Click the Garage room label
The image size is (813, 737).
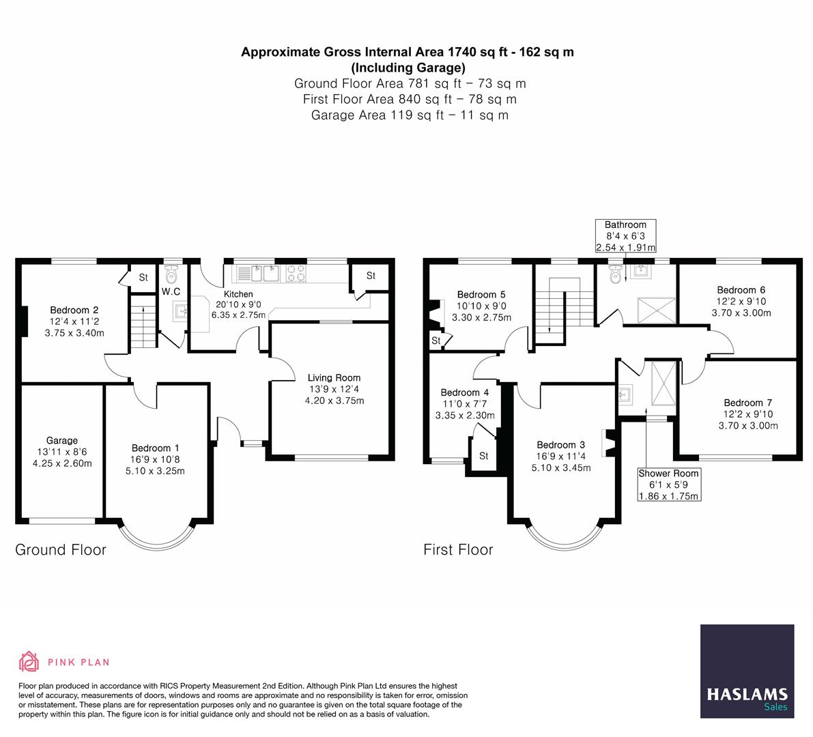pyautogui.click(x=61, y=441)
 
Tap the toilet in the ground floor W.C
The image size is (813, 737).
pyautogui.click(x=171, y=274)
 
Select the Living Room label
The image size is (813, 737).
pyautogui.click(x=334, y=378)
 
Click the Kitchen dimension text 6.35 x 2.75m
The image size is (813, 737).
pyautogui.click(x=238, y=315)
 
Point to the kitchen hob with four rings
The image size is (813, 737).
pyautogui.click(x=295, y=274)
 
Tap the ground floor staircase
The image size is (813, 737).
pyautogui.click(x=143, y=326)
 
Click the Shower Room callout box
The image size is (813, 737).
pyautogui.click(x=669, y=485)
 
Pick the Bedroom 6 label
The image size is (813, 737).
pyautogui.click(x=741, y=290)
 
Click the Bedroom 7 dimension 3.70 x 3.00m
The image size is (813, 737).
pyautogui.click(x=748, y=426)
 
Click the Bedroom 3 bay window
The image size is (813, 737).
pyautogui.click(x=566, y=536)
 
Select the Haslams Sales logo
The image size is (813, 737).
pyautogui.click(x=747, y=671)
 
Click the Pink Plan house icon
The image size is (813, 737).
pyautogui.click(x=29, y=661)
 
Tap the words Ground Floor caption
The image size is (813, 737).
pyautogui.click(x=61, y=550)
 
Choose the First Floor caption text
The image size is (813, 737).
pyautogui.click(x=458, y=550)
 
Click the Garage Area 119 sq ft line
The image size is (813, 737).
pyautogui.click(x=410, y=115)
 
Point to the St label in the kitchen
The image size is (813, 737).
pyautogui.click(x=371, y=276)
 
